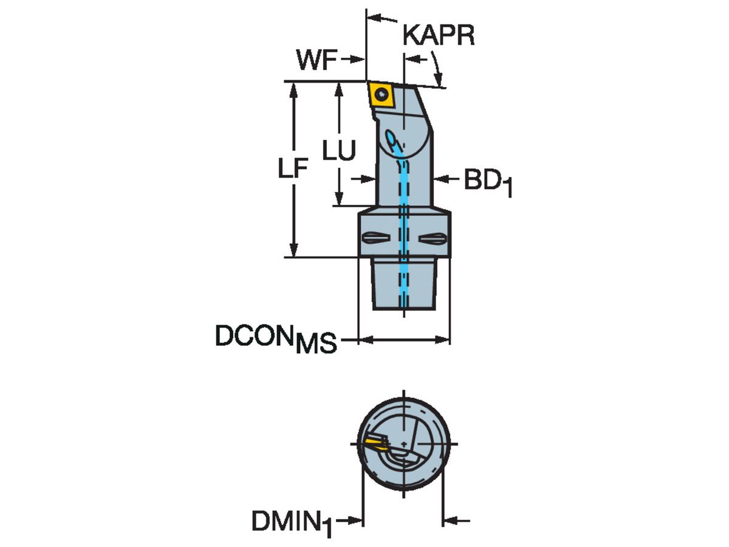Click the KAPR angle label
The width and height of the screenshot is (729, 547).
click(x=438, y=36)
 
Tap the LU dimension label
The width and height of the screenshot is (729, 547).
click(x=338, y=152)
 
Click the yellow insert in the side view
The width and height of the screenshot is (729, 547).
click(x=382, y=95)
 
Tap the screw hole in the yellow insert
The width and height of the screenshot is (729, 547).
click(x=381, y=94)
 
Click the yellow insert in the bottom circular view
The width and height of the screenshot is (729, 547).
click(x=375, y=442)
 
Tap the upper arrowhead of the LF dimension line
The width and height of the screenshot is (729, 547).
click(x=294, y=89)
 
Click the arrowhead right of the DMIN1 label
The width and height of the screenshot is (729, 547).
click(x=357, y=521)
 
